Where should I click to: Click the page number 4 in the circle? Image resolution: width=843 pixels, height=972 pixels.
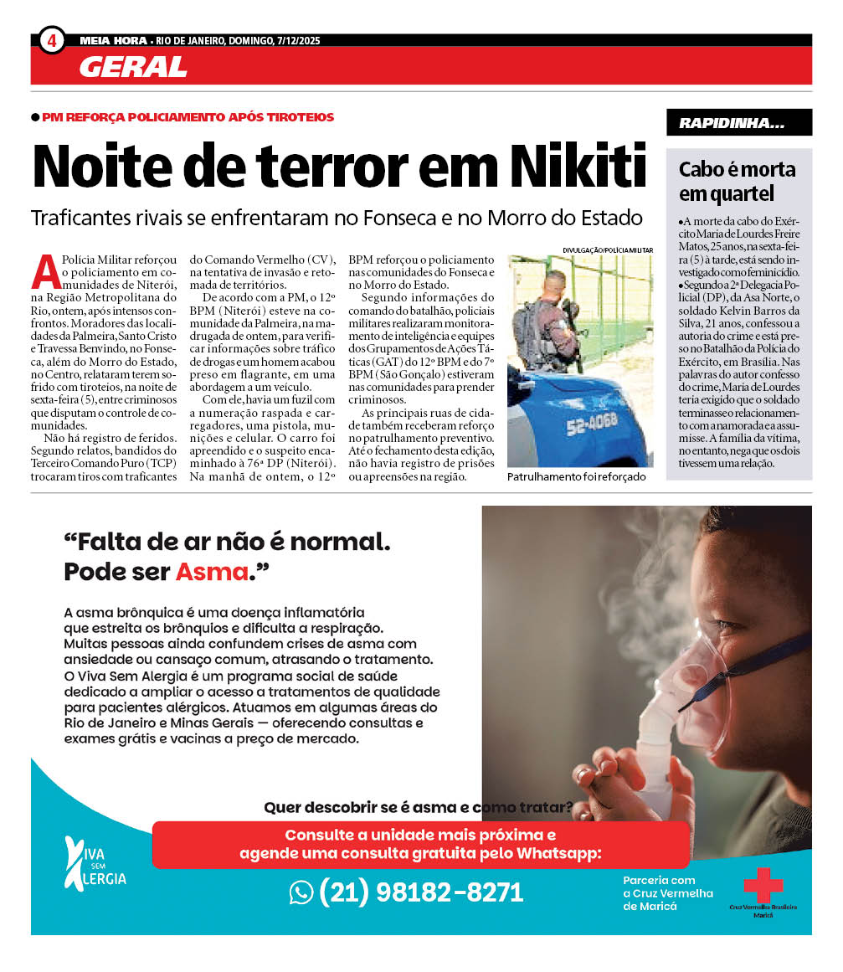(51, 40)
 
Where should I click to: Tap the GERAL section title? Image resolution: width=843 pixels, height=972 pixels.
(133, 67)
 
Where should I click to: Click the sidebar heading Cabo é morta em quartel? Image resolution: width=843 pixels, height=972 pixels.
(737, 182)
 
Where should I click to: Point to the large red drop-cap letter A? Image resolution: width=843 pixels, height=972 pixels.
(46, 270)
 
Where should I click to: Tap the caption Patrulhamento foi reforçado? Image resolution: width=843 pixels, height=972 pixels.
(576, 476)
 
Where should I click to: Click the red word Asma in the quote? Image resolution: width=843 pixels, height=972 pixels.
(213, 573)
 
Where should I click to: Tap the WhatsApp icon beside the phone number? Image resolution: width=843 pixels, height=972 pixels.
(301, 892)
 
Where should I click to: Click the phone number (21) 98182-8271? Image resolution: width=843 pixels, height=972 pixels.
(421, 892)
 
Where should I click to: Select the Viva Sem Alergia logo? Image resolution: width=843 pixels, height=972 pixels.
(95, 863)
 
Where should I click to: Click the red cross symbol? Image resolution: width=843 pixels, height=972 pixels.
(763, 885)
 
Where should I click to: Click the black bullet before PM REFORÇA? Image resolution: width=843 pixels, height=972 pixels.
(35, 117)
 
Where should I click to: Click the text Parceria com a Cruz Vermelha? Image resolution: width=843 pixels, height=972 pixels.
(668, 893)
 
